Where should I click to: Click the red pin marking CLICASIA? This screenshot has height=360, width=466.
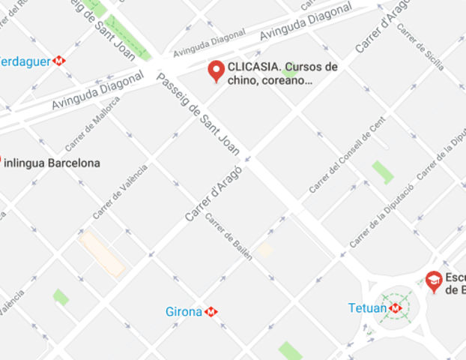pos(217,70)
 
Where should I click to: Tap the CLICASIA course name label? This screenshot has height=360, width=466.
pos(282,73)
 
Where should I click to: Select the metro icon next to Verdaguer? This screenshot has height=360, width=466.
pos(59,61)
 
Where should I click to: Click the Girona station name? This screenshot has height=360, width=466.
pos(184,311)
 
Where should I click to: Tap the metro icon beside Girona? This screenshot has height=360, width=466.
pos(212,311)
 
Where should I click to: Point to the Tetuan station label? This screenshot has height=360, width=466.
pos(368,307)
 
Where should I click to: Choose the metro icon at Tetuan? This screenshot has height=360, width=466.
pos(396,307)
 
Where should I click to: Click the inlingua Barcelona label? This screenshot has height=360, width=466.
pos(52,163)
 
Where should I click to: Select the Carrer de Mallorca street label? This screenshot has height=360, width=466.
pos(92,133)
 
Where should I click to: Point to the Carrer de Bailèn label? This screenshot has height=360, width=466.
pos(229,237)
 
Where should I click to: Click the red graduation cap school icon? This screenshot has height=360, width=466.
pos(433,280)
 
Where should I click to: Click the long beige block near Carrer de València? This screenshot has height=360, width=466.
pos(102,254)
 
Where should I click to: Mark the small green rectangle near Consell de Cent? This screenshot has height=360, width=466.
pos(383,172)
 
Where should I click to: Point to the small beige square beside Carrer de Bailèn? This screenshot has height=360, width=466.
pos(264,250)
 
